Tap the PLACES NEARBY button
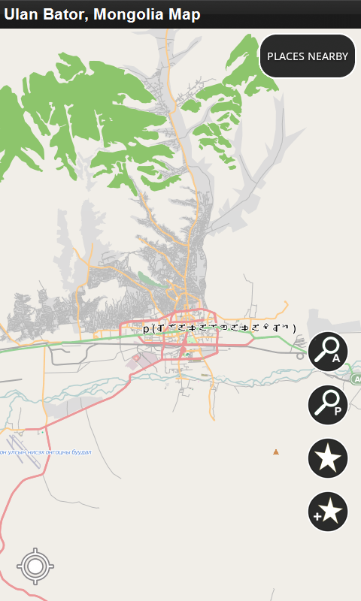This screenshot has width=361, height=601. click(x=308, y=56)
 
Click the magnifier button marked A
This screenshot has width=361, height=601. click(x=328, y=352)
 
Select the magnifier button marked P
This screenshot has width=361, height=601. click(x=328, y=404)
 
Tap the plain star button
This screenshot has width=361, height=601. click(x=328, y=458)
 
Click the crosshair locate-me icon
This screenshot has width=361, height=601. click(x=35, y=566)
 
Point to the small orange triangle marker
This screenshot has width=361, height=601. click(x=276, y=452)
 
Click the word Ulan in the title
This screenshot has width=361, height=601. click(x=20, y=14)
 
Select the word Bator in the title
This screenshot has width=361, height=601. click(x=62, y=14)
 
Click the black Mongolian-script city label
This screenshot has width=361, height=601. click(x=220, y=328)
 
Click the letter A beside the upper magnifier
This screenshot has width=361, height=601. click(x=336, y=359)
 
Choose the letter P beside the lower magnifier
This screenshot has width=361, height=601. click(x=338, y=411)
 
